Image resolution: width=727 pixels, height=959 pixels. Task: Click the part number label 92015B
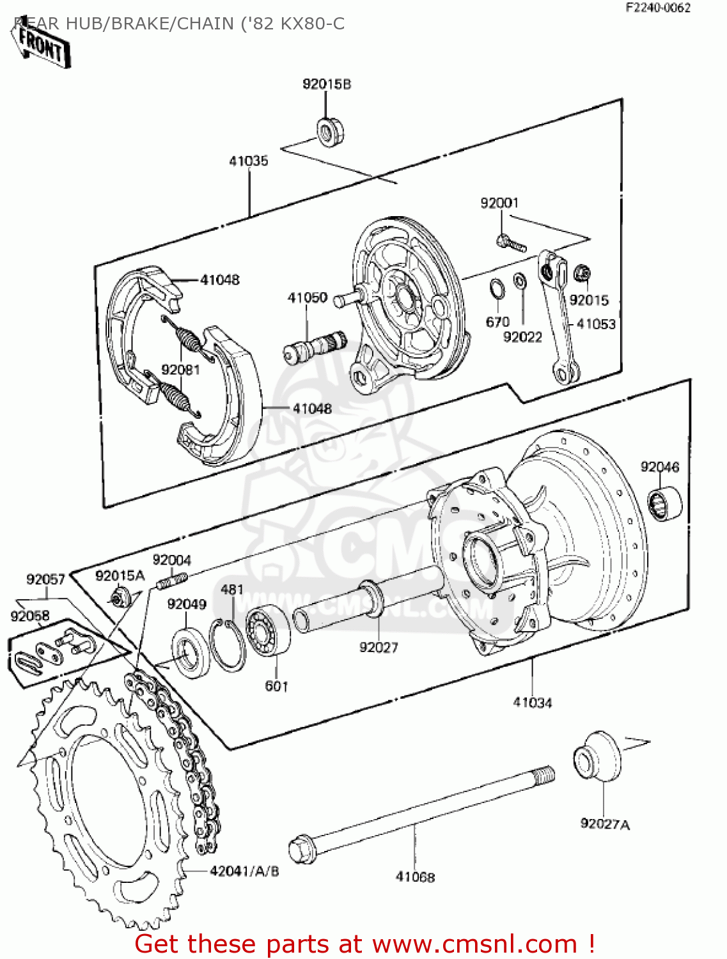tap(326, 84)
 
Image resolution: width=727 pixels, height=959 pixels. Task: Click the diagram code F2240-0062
tap(657, 8)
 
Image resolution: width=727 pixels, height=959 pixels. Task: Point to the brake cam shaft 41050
tap(313, 347)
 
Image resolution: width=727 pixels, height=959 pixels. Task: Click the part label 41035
tap(249, 161)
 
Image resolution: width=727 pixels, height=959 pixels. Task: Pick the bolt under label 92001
tap(510, 242)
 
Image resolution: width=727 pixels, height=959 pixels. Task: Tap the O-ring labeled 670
tap(496, 290)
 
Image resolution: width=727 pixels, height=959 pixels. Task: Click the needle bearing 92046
tap(664, 503)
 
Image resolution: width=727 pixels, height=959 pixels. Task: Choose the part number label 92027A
tap(604, 824)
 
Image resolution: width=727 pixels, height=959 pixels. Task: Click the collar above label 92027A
tap(596, 756)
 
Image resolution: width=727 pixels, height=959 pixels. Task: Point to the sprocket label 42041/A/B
tap(244, 871)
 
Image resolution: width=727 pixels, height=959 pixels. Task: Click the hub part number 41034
tap(532, 703)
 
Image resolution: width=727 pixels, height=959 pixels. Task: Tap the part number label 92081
tap(180, 370)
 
